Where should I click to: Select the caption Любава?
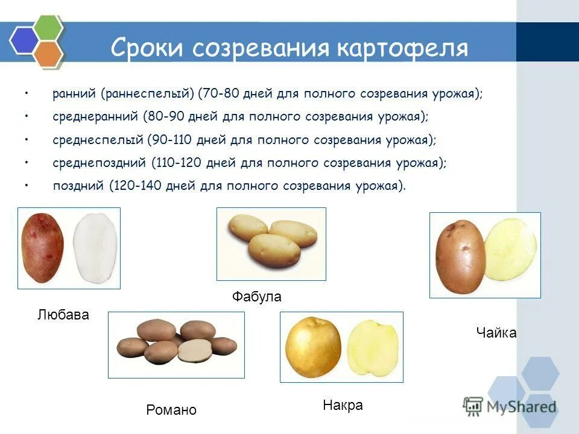(63, 315)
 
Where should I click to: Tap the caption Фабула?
(257, 297)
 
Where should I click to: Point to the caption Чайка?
(496, 333)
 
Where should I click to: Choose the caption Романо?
(171, 410)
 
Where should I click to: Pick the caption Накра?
(343, 405)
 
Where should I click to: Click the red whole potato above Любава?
(42, 248)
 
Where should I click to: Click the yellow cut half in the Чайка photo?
(510, 250)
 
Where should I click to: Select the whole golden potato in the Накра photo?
(313, 348)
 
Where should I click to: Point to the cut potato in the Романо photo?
(195, 351)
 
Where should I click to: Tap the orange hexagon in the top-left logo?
(48, 52)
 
